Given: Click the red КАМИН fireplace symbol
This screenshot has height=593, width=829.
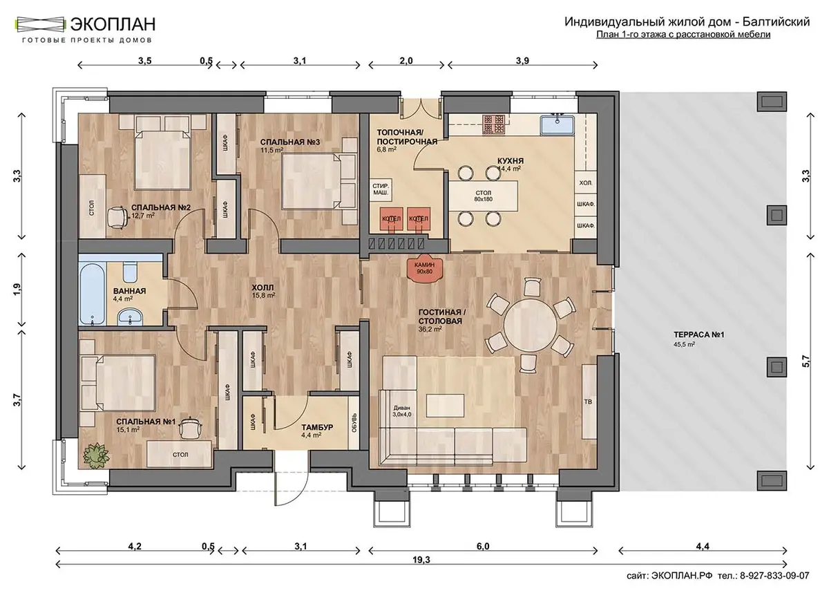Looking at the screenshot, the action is coord(424,269).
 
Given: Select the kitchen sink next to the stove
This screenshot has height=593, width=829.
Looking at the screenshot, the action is coord(557,125).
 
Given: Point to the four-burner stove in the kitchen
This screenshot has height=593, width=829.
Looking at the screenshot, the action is coord(494,124).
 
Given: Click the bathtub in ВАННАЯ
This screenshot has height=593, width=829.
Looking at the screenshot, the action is coord(93,294).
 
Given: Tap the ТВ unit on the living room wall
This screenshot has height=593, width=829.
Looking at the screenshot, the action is coord(589,402).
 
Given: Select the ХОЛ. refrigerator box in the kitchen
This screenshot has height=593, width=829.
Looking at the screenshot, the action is coord(586,183).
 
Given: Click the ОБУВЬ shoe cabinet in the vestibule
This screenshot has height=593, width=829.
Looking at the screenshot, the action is coord(354,422).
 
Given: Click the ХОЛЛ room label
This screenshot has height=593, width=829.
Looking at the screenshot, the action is coord(263,288).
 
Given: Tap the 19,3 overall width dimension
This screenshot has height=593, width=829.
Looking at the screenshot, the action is coord(421,560).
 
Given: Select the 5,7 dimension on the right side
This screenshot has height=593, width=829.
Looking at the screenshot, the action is coord(806,361).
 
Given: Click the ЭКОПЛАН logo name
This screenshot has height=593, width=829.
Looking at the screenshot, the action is coord(113,24).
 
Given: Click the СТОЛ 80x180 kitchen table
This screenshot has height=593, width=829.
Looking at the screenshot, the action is coord(483,196).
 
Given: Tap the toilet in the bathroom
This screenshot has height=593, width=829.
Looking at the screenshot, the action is coord(130,272).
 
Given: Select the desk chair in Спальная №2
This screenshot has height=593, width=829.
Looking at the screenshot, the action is coord(117,216).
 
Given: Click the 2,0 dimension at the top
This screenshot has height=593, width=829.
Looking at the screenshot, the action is coord(406,61).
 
